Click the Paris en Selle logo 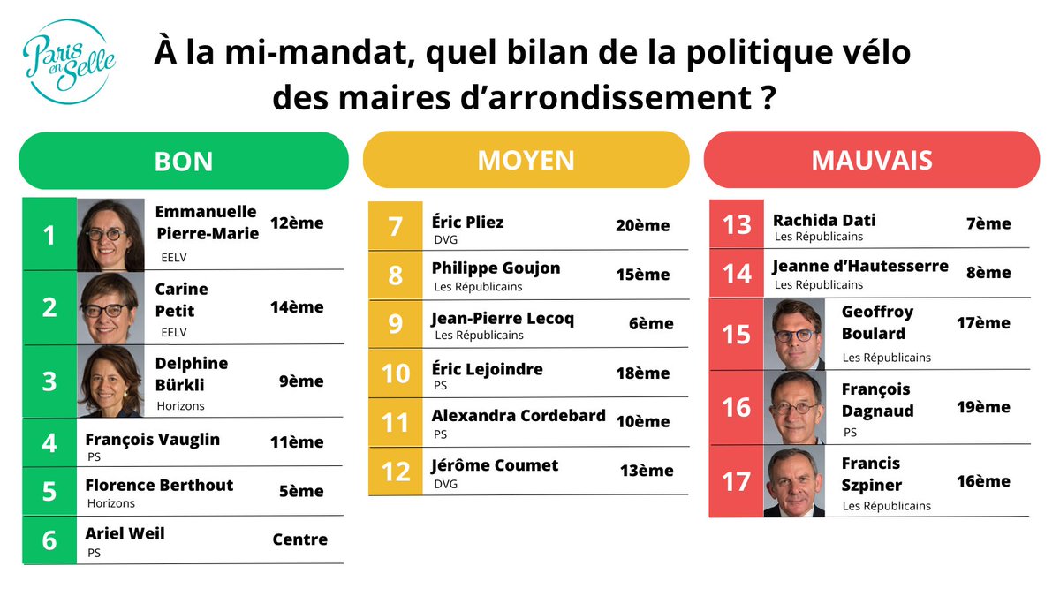pos(68,61)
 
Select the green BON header pos(184,161)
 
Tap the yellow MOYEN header pos(526,160)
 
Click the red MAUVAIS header pos(871,160)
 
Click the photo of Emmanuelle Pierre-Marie pos(110,235)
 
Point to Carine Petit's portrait pos(110,307)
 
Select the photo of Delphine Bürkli pos(110,381)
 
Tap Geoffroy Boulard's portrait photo pos(793,334)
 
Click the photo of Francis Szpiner pos(793,482)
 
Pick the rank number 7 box pos(395,226)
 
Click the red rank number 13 pos(736,224)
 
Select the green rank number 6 pos(49,539)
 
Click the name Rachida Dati pos(824,220)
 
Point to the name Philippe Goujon pos(496,268)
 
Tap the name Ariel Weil pos(125,533)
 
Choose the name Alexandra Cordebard pos(519,416)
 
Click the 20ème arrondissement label pos(642,226)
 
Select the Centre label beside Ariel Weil pos(299,539)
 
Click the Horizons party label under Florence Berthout pos(111,503)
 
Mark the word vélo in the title pos(864,52)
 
